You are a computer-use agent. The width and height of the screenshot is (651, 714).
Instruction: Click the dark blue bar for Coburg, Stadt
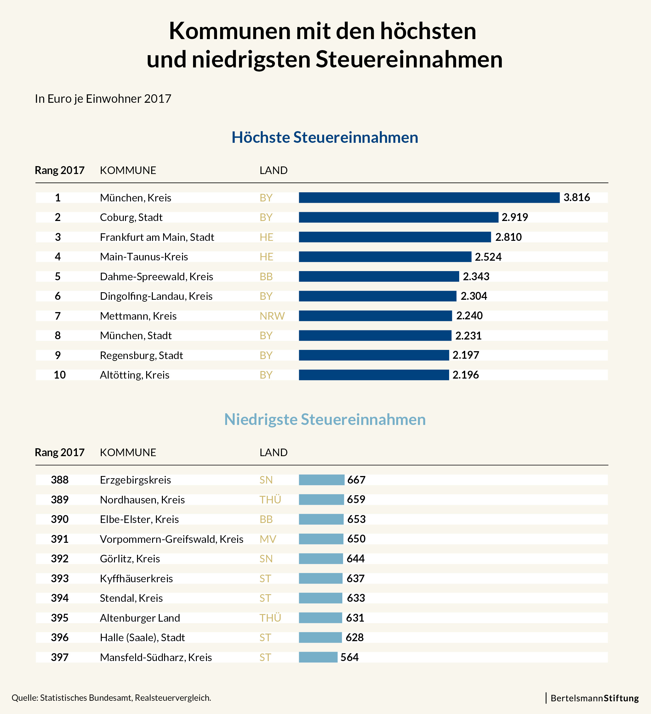pyautogui.click(x=398, y=217)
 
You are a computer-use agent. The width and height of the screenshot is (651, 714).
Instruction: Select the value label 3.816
pyautogui.click(x=577, y=197)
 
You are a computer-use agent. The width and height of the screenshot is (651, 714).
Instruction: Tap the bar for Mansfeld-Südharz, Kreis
pyautogui.click(x=318, y=657)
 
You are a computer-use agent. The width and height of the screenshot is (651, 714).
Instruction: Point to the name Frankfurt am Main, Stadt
pyautogui.click(x=157, y=237)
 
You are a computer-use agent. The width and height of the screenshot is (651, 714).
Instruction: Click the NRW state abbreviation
pyautogui.click(x=272, y=316)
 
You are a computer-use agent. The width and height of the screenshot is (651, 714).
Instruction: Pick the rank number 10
pyautogui.click(x=60, y=375)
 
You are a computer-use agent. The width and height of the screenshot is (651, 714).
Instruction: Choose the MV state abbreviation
pyautogui.click(x=268, y=539)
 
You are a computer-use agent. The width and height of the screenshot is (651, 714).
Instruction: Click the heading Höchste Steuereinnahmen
pyautogui.click(x=325, y=137)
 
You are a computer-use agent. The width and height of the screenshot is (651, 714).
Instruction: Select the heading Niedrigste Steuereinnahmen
pyautogui.click(x=325, y=420)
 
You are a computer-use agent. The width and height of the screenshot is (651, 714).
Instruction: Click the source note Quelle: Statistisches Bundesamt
pyautogui.click(x=111, y=698)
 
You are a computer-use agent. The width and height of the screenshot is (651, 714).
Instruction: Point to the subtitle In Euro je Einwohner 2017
pyautogui.click(x=103, y=99)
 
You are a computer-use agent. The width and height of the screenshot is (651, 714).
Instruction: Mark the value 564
pyautogui.click(x=350, y=657)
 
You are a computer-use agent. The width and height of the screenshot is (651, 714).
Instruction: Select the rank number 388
pyautogui.click(x=60, y=480)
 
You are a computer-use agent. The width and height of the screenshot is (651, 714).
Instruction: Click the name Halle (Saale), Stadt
pyautogui.click(x=142, y=637)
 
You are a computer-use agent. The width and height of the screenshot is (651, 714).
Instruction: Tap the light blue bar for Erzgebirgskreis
pyautogui.click(x=321, y=480)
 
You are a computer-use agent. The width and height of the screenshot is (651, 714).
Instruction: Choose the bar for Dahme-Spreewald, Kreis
pyautogui.click(x=379, y=276)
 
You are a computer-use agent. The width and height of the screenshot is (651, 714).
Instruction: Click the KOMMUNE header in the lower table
pyautogui.click(x=128, y=453)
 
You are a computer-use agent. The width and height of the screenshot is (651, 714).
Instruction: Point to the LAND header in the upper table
pyautogui.click(x=273, y=170)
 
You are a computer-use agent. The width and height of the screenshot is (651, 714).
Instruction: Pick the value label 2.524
pyautogui.click(x=488, y=257)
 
